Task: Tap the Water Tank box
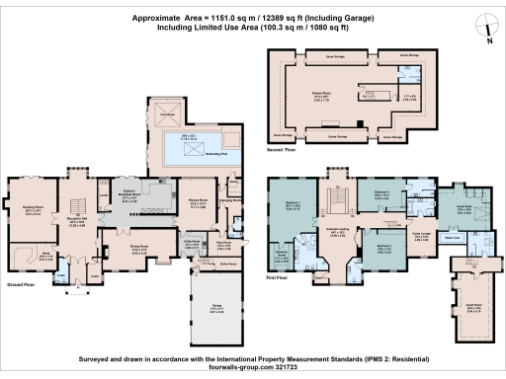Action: pyautogui.click(x=427, y=238)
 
